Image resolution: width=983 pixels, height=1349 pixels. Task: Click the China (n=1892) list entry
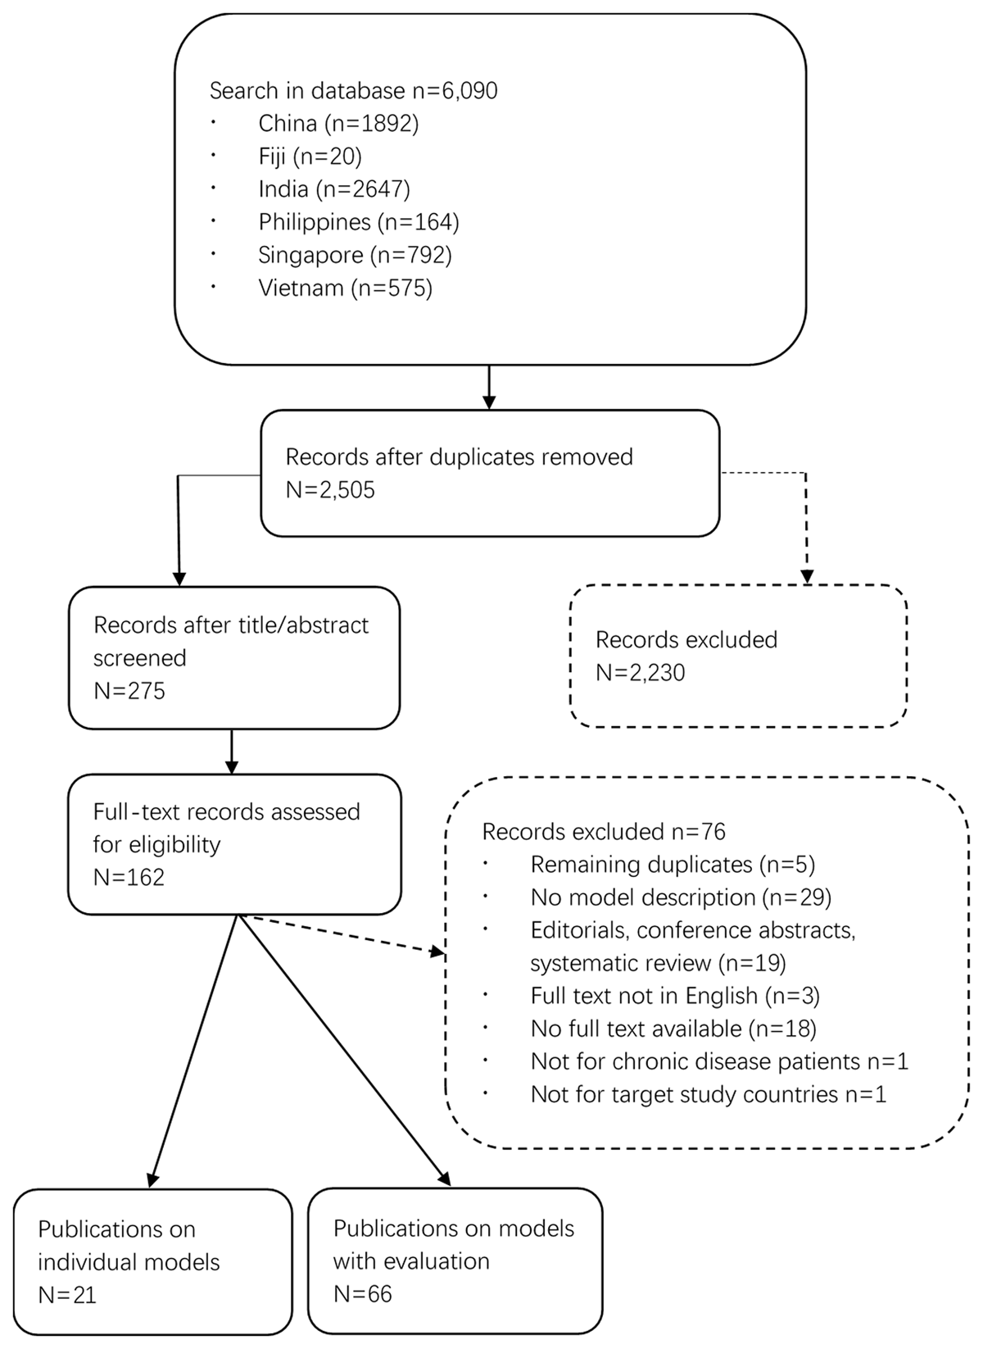tap(338, 124)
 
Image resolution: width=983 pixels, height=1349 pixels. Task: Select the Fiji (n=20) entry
tap(310, 157)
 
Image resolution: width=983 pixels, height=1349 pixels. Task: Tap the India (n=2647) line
tap(334, 189)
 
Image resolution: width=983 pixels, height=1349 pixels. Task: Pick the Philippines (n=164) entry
tap(359, 222)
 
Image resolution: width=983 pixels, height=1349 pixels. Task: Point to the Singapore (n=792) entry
tap(355, 255)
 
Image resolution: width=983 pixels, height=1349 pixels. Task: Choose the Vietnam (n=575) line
tap(345, 288)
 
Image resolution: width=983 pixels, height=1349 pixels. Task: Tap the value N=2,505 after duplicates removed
tap(330, 490)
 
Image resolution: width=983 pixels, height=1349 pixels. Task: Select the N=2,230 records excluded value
tap(640, 673)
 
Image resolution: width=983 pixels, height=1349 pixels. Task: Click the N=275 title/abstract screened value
tap(129, 691)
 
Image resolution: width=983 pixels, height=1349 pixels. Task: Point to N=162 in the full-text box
tap(129, 877)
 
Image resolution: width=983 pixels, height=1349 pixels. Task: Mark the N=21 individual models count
tap(67, 1295)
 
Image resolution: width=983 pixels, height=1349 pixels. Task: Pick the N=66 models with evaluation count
tap(363, 1294)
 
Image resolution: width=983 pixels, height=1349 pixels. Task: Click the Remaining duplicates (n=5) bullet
tap(673, 865)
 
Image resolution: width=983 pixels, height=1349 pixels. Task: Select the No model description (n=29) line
tap(681, 897)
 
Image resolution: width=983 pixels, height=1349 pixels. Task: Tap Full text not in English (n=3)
tap(675, 996)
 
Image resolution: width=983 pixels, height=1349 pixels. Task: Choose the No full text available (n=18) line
tap(673, 1029)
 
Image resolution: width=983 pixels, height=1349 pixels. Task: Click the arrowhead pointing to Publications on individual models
tap(152, 1180)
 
